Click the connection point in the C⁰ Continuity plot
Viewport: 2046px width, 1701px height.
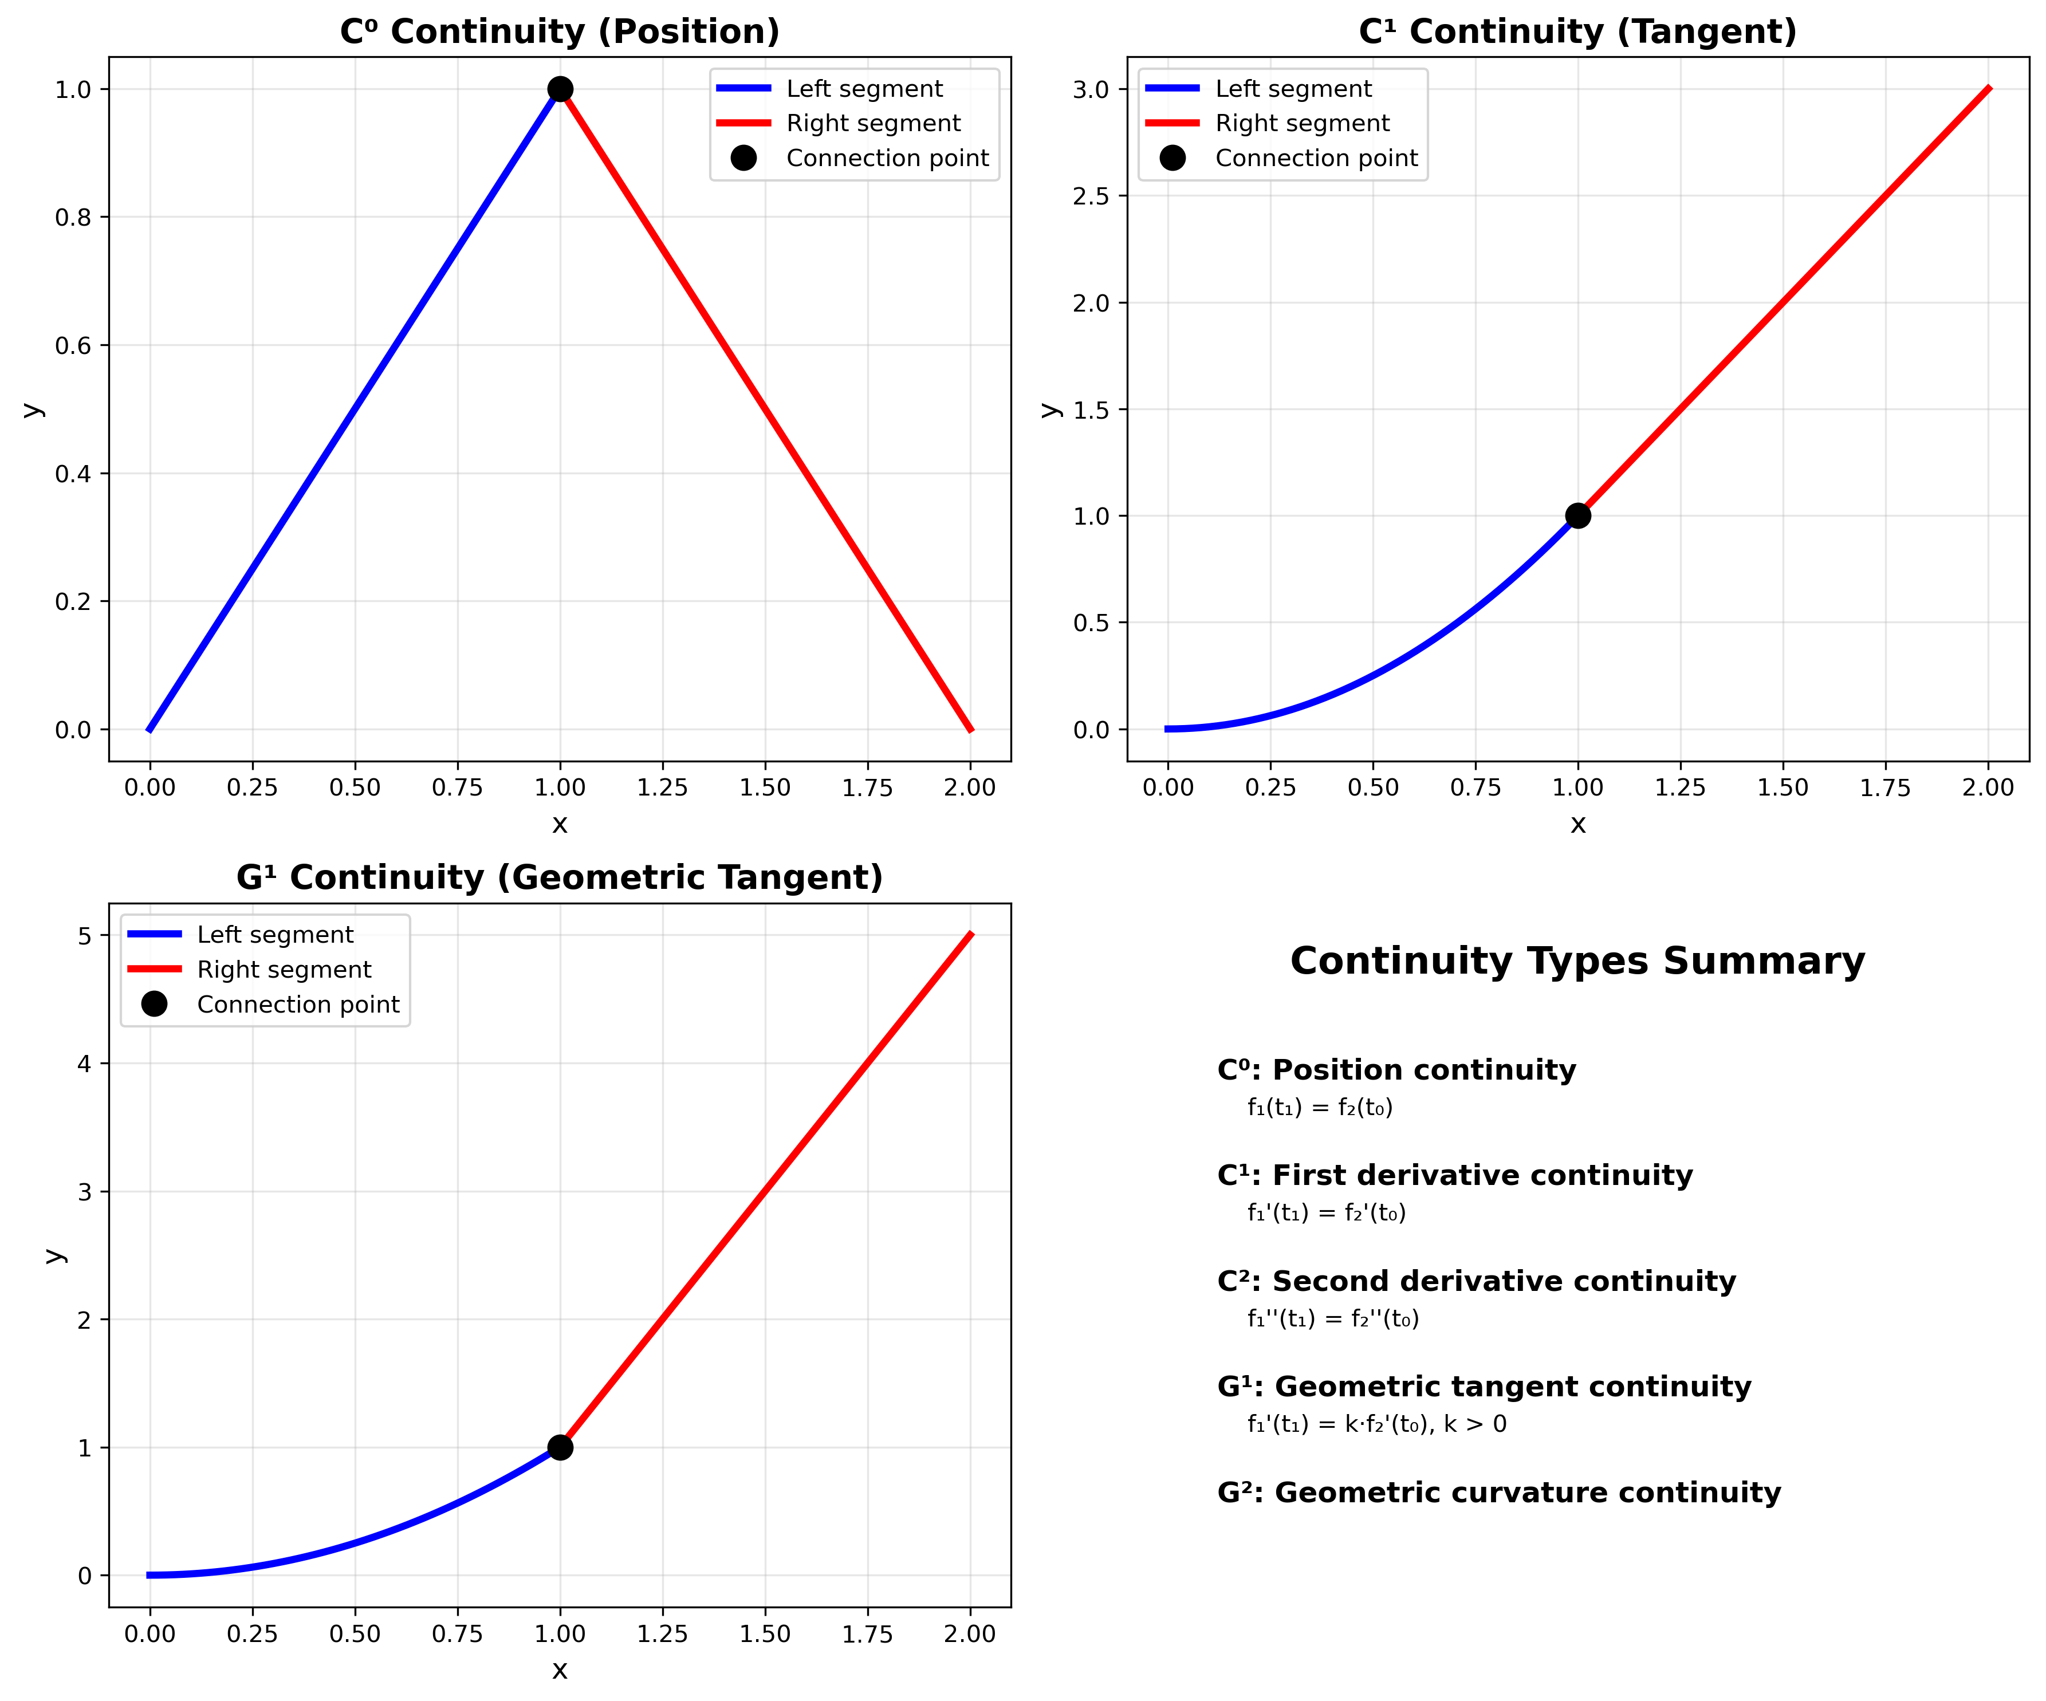(559, 89)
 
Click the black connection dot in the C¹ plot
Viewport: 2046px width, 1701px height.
(1577, 515)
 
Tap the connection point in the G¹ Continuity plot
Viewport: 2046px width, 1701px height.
(559, 1447)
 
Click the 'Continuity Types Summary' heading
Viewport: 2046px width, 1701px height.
(1577, 960)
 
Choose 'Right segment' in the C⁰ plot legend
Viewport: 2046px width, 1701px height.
(873, 123)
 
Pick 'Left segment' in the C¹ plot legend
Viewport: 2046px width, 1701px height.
(1293, 89)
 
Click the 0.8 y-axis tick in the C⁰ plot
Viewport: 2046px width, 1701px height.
(73, 217)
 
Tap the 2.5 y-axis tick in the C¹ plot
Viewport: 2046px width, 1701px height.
(1091, 196)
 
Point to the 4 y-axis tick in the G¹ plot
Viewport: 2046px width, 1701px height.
(85, 1063)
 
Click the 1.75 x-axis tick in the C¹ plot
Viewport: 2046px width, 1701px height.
(1885, 787)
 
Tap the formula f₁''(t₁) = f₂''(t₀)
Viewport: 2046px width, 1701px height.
(1333, 1318)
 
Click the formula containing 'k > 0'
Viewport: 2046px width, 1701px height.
(1376, 1423)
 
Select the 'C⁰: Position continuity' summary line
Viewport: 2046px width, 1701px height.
(1396, 1070)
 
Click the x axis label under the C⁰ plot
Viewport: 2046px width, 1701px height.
(559, 824)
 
